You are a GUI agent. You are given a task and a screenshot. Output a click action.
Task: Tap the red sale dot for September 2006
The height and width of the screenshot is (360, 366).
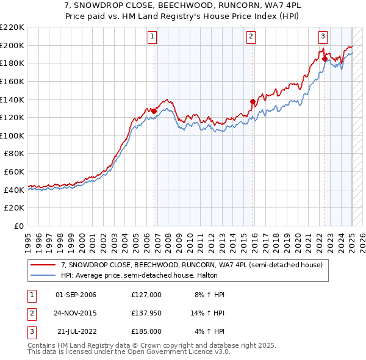pyautogui.click(x=154, y=111)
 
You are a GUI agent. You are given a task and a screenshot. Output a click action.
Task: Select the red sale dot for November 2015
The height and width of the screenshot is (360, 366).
pyautogui.click(x=253, y=101)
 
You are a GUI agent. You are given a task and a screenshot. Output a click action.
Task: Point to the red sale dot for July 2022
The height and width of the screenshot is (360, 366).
pyautogui.click(x=325, y=59)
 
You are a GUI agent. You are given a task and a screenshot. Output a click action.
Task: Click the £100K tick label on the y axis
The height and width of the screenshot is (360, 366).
pyautogui.click(x=12, y=135)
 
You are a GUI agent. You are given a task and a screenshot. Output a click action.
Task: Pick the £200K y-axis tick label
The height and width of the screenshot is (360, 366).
pyautogui.click(x=12, y=45)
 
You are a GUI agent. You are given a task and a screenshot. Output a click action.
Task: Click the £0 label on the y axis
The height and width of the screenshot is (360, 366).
pyautogui.click(x=18, y=226)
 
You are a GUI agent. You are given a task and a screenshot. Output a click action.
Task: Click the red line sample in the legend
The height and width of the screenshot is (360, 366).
pyautogui.click(x=43, y=265)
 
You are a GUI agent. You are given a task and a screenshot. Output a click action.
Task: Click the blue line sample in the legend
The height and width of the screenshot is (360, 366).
pyautogui.click(x=43, y=275)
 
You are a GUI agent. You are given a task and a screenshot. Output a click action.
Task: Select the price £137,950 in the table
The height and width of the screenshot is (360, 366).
pyautogui.click(x=146, y=314)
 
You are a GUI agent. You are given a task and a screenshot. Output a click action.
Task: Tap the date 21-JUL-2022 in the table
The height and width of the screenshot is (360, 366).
pyautogui.click(x=76, y=332)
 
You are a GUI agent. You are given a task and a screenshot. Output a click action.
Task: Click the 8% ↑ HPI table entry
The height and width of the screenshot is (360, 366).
pyautogui.click(x=209, y=295)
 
